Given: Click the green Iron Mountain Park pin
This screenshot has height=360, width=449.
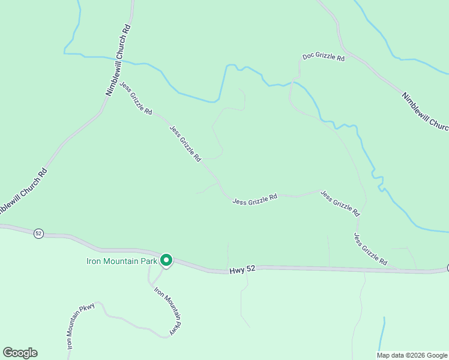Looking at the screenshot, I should click(166, 260).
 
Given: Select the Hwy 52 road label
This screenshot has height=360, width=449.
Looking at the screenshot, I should click(243, 271).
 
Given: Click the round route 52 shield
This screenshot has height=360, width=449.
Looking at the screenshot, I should click(38, 233).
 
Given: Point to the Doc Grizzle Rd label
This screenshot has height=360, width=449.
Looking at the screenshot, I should click(324, 58).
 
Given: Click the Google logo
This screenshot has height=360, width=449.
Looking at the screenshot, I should click(20, 353).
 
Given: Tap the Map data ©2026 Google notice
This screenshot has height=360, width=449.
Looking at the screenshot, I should click(412, 355).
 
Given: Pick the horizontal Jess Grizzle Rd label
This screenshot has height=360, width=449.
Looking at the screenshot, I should click(255, 198).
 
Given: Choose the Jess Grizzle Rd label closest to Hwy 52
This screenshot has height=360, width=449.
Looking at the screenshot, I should click(370, 249).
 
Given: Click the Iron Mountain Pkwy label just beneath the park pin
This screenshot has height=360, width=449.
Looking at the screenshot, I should click(167, 311).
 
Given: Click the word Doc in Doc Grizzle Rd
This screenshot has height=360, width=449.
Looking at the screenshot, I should click(309, 56).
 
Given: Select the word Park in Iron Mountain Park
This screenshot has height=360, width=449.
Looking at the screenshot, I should click(149, 261).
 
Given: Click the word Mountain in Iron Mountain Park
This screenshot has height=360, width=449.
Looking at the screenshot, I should click(119, 261).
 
